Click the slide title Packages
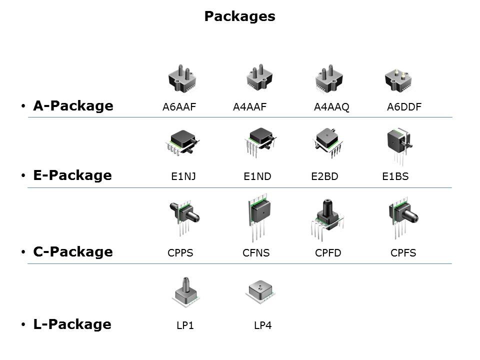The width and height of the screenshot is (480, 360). [x=239, y=16]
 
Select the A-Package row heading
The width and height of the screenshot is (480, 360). [x=73, y=106]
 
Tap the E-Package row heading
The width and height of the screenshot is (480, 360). [x=72, y=175]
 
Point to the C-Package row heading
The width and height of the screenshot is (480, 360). [x=73, y=251]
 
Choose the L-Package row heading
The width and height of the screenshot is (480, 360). [x=72, y=324]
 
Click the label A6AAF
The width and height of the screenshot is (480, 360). [x=179, y=107]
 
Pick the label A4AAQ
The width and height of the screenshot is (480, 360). [x=331, y=107]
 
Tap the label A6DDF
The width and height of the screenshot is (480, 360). [x=404, y=107]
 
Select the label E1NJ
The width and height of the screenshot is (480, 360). [x=183, y=176]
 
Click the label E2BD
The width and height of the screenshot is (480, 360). [x=325, y=176]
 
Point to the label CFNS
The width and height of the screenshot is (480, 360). [x=256, y=253]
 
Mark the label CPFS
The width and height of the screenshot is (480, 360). [x=403, y=253]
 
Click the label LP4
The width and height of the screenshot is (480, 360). [x=262, y=325]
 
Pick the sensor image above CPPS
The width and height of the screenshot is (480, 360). [x=184, y=218]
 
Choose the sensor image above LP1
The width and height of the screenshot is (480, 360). [x=186, y=291]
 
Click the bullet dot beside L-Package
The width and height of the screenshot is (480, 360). [x=23, y=324]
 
